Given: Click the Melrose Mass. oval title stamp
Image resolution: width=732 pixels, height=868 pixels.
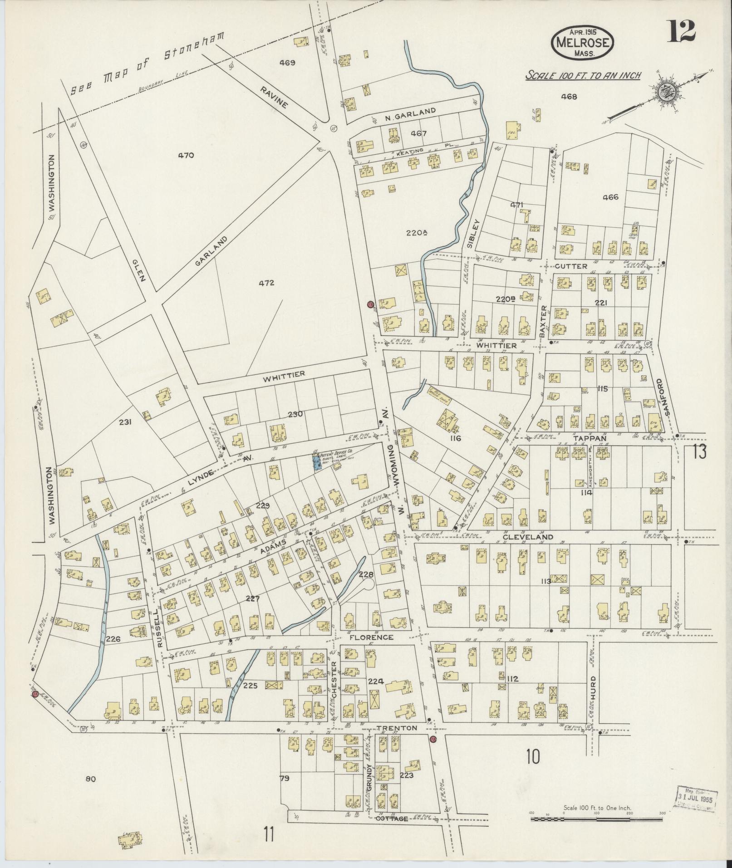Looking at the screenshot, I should point(583,42).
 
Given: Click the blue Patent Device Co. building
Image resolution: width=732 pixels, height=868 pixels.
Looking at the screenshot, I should point(317,462).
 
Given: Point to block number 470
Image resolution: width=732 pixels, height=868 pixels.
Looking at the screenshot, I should point(186,155).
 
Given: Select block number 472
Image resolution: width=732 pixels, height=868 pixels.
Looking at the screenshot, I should point(266,283).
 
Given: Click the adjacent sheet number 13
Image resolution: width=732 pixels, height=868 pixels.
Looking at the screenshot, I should point(699,452).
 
